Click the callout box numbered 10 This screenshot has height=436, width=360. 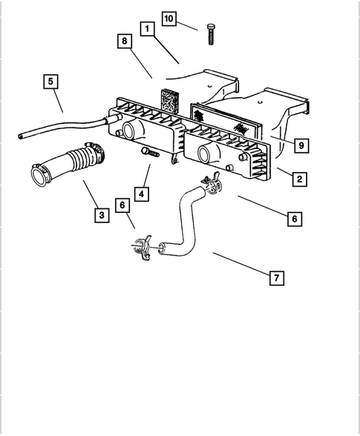coord(169,18)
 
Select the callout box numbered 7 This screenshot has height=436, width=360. coord(275,278)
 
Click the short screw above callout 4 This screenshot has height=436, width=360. coord(149,153)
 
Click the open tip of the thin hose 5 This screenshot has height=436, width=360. coord(20,135)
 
